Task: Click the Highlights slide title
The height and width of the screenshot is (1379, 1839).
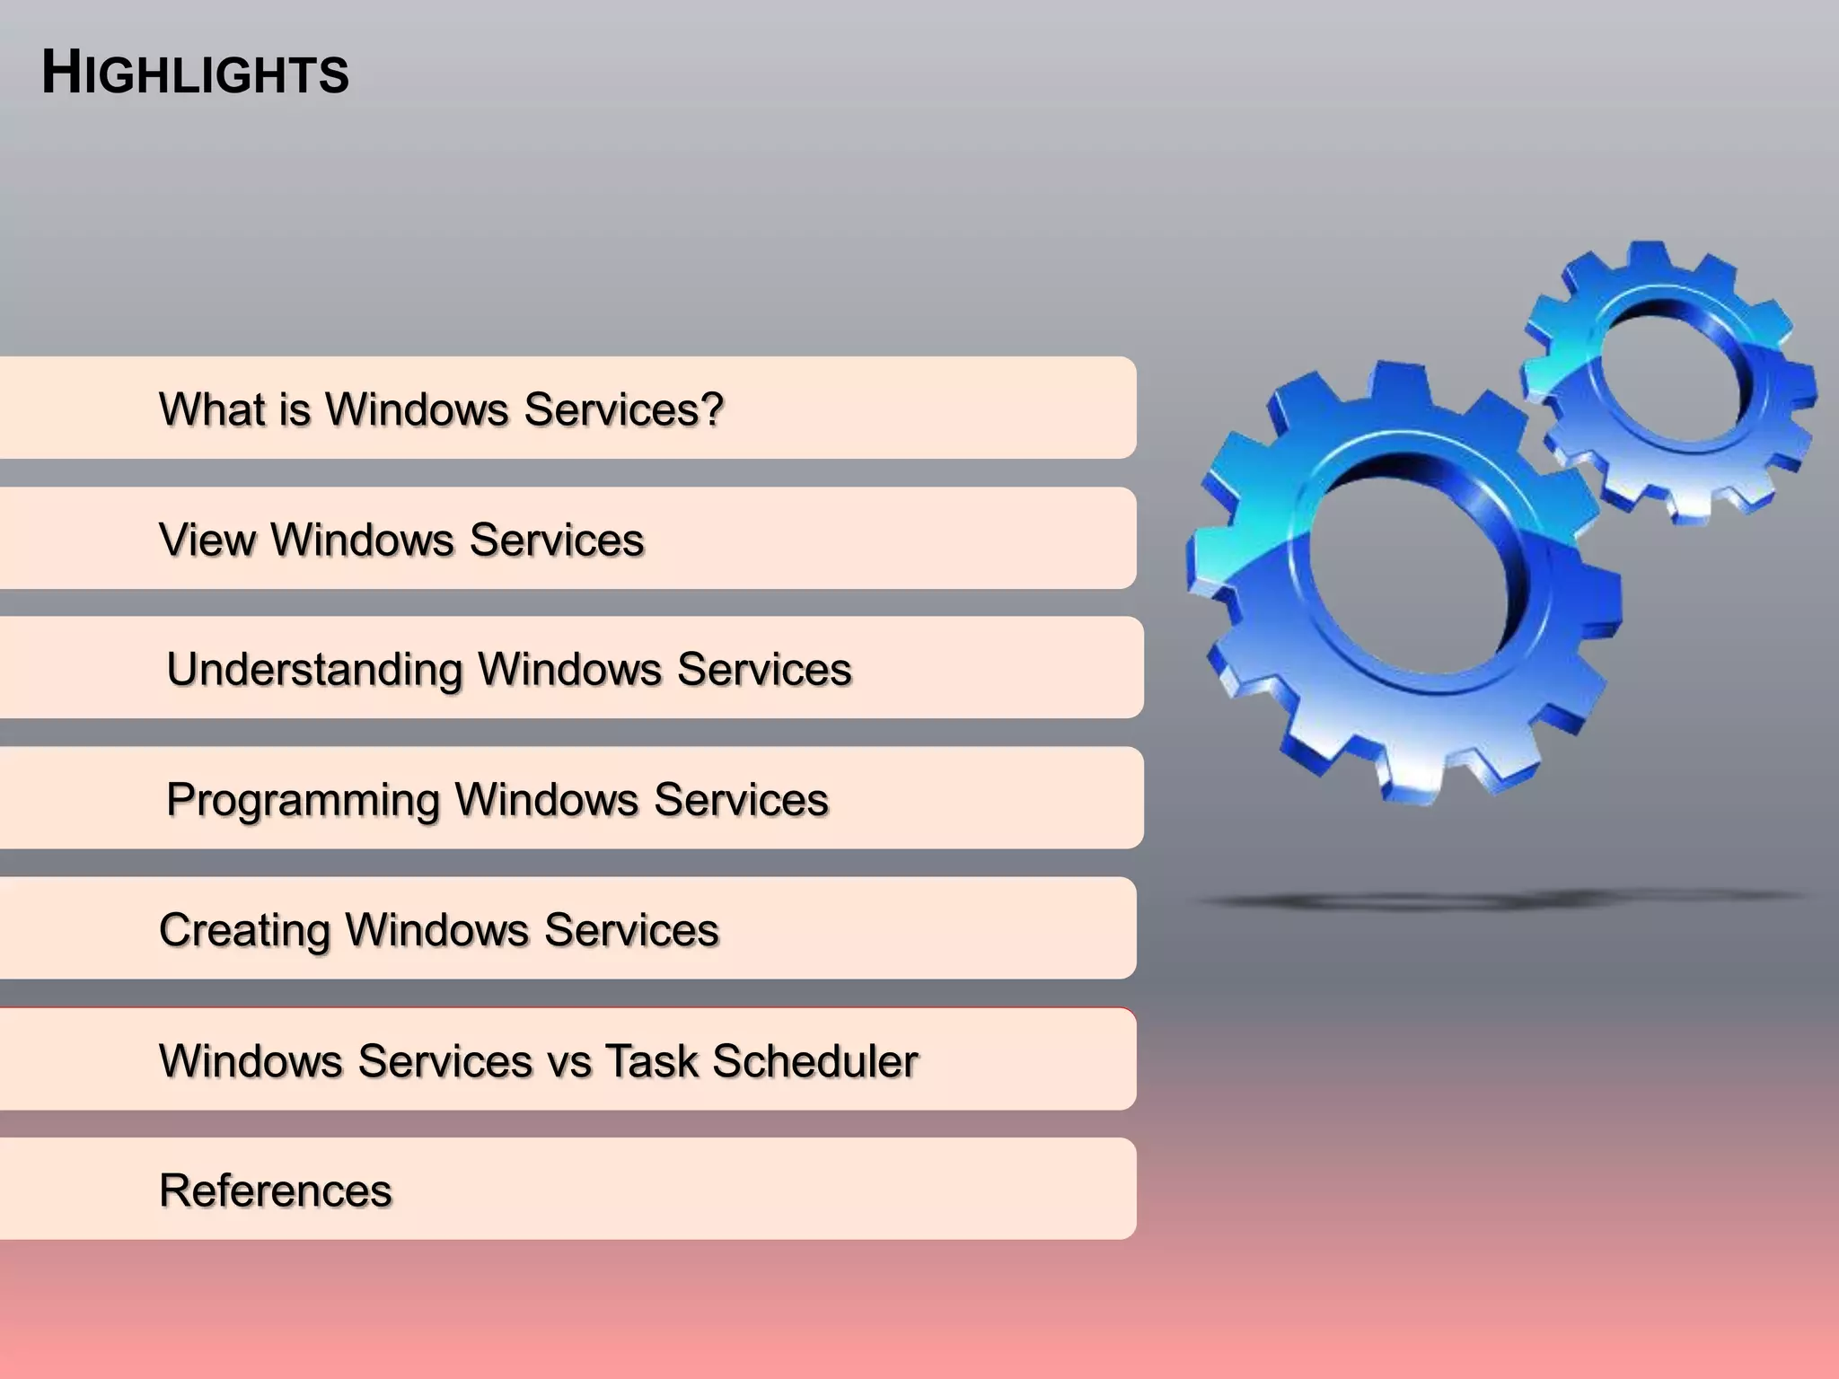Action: click(195, 74)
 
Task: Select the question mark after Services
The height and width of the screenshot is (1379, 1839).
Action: click(712, 409)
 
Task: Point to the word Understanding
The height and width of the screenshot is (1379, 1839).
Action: click(314, 670)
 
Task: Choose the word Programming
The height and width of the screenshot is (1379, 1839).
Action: click(303, 800)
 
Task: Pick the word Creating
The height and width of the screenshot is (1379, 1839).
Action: click(244, 930)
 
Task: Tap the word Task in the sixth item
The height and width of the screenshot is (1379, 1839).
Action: click(652, 1060)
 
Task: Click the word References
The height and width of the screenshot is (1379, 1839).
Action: click(276, 1190)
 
